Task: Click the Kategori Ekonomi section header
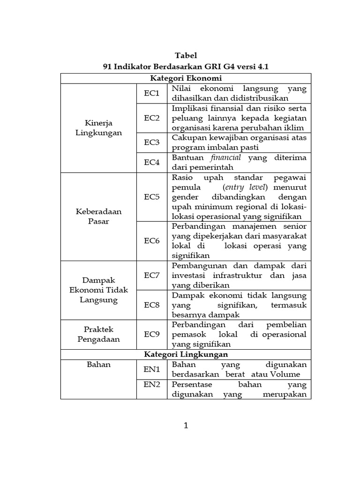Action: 186,78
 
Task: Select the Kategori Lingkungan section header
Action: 186,354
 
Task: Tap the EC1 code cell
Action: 152,93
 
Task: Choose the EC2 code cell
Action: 152,118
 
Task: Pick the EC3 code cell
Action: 152,142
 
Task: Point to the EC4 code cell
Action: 152,162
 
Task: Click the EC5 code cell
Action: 152,197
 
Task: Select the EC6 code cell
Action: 152,241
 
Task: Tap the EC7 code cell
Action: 152,275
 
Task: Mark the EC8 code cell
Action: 152,305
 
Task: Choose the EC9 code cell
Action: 152,334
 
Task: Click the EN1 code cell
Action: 152,369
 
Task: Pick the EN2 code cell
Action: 152,385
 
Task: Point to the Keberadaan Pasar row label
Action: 98,216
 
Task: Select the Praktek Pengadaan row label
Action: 98,334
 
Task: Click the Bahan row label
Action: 98,364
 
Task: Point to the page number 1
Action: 186,426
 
